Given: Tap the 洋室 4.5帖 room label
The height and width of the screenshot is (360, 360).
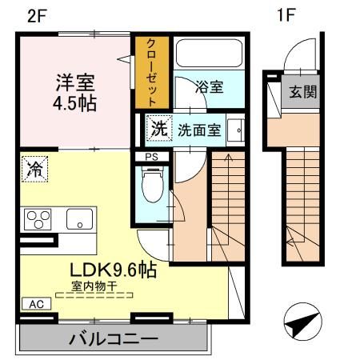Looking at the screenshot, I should pyautogui.click(x=76, y=93).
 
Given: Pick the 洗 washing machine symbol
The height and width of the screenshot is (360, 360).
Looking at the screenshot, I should pyautogui.click(x=159, y=126).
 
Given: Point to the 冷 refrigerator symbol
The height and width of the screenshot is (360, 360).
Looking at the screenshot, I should pyautogui.click(x=35, y=169).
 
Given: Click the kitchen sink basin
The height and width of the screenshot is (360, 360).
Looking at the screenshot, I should pyautogui.click(x=80, y=218).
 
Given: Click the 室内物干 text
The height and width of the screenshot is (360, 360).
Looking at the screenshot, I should pyautogui.click(x=95, y=286).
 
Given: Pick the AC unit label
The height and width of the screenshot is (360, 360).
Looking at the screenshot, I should pyautogui.click(x=36, y=305).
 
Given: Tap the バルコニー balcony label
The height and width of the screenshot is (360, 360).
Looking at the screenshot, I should pyautogui.click(x=111, y=338).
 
